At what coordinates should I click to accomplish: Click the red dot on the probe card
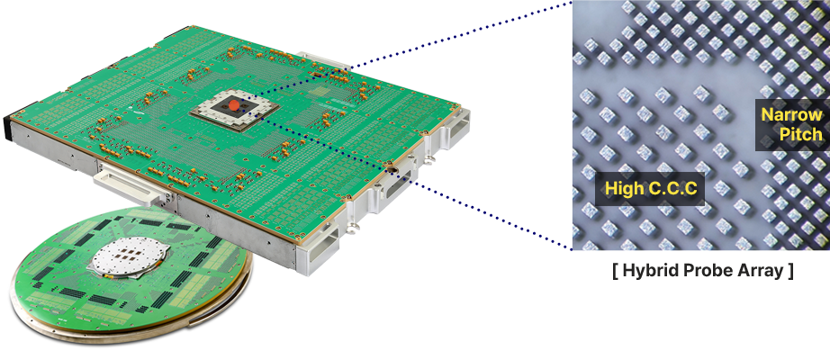pyautogui.click(x=233, y=106)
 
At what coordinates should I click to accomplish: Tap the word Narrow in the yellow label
pyautogui.click(x=792, y=114)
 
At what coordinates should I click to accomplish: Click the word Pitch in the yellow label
pyautogui.click(x=801, y=134)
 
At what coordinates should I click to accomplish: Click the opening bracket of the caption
pyautogui.click(x=615, y=271)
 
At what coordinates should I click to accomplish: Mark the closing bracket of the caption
pyautogui.click(x=790, y=271)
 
